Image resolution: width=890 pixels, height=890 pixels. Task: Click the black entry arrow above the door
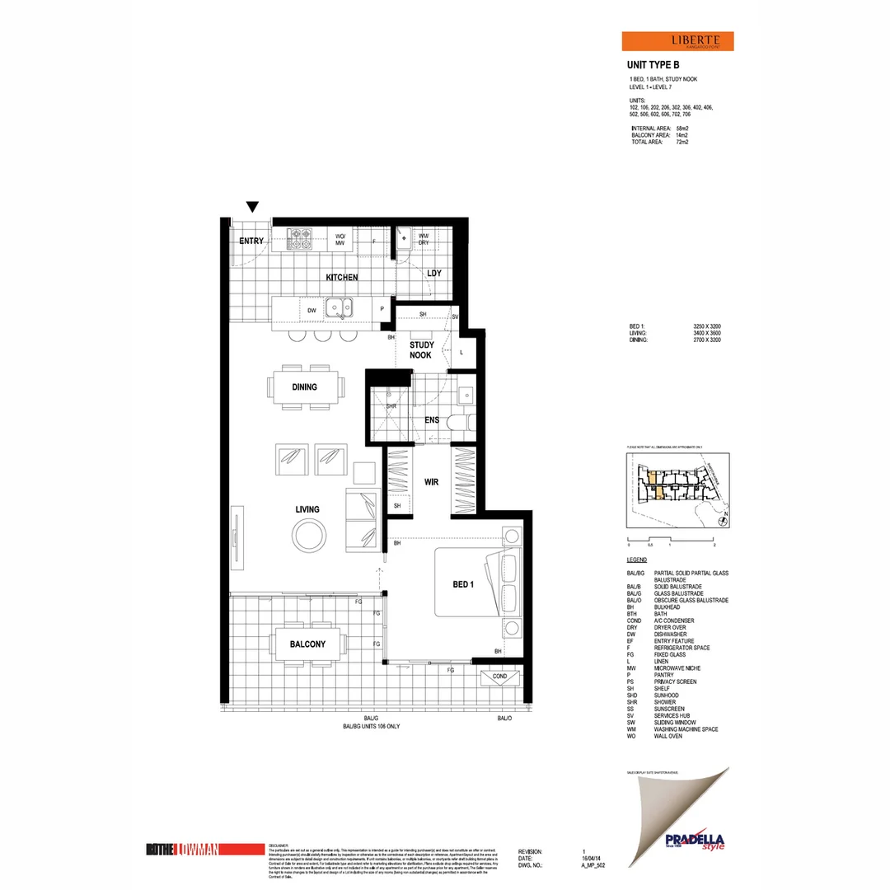click(253, 207)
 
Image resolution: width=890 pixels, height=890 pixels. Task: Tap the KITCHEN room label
click(341, 278)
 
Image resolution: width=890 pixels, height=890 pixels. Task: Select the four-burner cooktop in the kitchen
click(298, 239)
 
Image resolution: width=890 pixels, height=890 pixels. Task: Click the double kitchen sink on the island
click(339, 308)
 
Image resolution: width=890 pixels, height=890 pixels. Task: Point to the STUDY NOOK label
click(421, 349)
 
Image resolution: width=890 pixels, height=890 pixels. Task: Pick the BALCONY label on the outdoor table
click(307, 644)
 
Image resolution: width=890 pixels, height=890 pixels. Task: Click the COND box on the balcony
click(499, 676)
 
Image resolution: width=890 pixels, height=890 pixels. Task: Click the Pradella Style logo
click(691, 839)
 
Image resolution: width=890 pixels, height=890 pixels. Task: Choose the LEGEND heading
click(637, 560)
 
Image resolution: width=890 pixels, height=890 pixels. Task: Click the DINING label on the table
click(304, 386)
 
